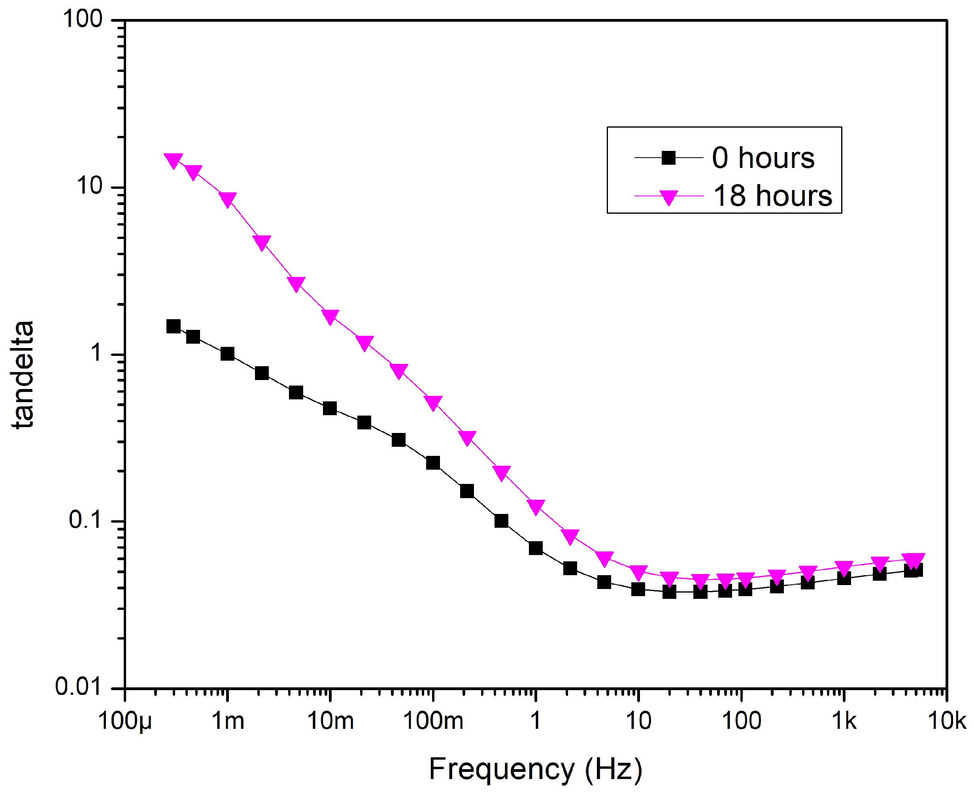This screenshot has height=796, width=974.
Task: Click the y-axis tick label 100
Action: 82,20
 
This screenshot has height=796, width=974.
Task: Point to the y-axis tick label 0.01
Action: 77,687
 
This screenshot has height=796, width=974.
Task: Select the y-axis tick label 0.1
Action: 85,520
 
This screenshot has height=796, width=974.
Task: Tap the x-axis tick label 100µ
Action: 125,721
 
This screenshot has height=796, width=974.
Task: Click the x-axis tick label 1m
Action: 228,721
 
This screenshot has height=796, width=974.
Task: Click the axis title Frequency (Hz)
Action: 535,770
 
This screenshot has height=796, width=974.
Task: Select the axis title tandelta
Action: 23,375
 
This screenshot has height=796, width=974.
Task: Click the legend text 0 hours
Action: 763,158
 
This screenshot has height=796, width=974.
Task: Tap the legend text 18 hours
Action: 772,196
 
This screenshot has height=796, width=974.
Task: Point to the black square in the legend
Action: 668,158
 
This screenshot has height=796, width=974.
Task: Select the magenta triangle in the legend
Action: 668,197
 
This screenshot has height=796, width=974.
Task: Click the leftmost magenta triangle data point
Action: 174,160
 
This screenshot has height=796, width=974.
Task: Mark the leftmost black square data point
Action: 174,326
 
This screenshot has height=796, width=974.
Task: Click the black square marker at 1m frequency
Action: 228,354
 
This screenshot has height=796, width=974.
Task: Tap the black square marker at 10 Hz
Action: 638,589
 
